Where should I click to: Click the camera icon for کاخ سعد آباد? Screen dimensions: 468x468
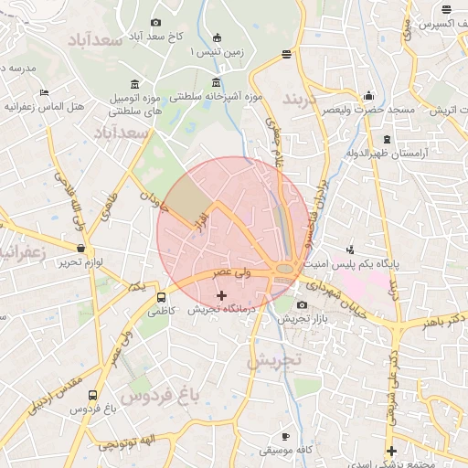(x=155, y=22)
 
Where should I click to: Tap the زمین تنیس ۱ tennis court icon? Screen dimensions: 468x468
(x=217, y=38)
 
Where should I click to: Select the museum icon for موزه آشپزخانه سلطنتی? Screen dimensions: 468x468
(x=216, y=84)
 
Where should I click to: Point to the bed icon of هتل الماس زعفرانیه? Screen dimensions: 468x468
(x=44, y=92)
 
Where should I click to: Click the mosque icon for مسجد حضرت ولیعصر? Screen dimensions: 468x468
(x=368, y=95)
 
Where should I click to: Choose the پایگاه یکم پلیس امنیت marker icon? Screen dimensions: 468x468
(x=350, y=250)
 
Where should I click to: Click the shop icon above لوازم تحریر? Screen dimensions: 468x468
(x=81, y=249)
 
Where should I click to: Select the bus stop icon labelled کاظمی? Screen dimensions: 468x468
(x=162, y=297)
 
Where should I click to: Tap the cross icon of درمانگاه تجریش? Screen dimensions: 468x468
(x=221, y=295)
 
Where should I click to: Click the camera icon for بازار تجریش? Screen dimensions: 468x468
(x=302, y=304)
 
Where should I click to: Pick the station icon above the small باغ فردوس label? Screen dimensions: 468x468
(x=92, y=395)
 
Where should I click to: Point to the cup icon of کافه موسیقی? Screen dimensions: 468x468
(x=285, y=436)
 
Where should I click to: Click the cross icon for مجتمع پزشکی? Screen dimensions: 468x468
(x=391, y=451)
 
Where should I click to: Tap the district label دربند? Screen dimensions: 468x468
(x=303, y=97)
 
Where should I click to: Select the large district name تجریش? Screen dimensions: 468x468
(x=272, y=360)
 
